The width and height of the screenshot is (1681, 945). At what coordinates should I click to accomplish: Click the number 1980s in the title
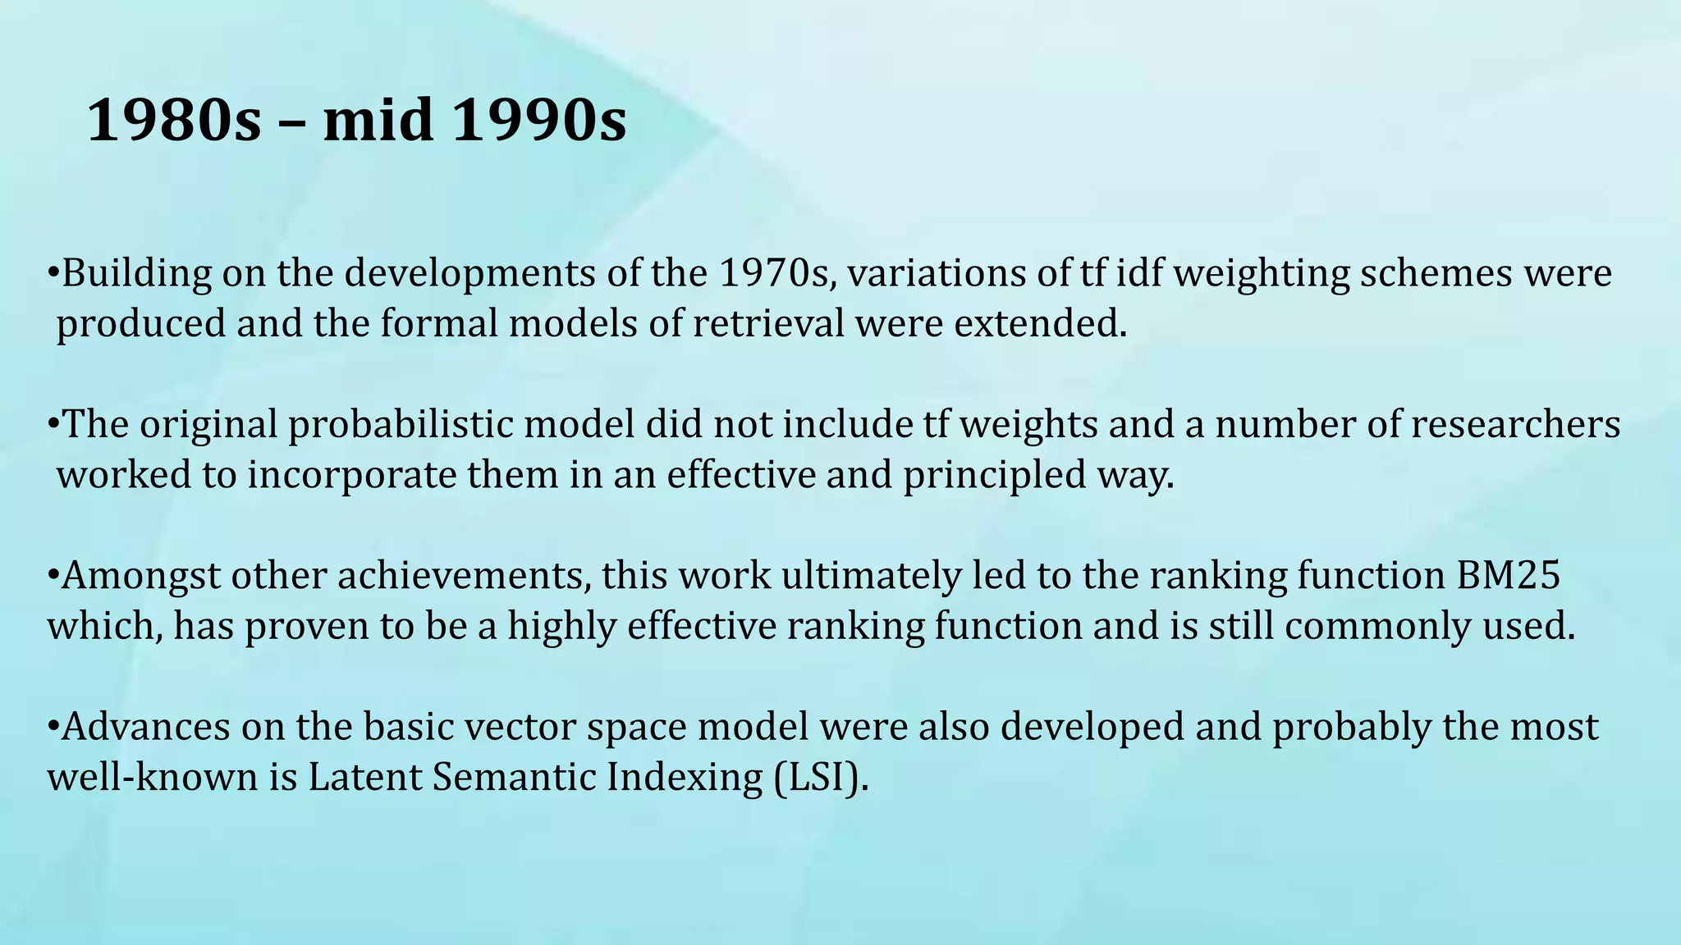tap(173, 121)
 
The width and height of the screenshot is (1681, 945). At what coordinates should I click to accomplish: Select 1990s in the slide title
tap(538, 121)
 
